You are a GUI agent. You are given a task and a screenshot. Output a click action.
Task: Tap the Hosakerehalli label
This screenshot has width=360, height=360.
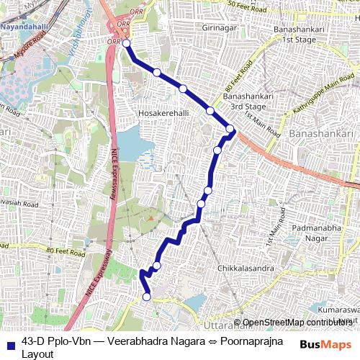[x=163, y=113]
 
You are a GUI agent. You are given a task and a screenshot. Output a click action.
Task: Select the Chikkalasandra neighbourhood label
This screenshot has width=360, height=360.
[x=246, y=268]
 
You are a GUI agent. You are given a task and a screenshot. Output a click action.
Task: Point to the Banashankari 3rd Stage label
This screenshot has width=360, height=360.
[x=245, y=101]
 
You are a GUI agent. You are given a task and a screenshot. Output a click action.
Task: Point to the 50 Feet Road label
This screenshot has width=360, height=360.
[x=252, y=5]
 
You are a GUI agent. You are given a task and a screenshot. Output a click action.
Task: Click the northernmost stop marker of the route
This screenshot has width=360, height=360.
[x=127, y=43]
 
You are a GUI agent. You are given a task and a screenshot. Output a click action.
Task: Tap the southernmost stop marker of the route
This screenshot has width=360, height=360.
[x=146, y=297]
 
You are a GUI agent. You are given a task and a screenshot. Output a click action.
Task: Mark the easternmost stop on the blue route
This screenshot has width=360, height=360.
[x=230, y=129]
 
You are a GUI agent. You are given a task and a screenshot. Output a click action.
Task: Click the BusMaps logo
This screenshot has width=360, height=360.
[x=326, y=344]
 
